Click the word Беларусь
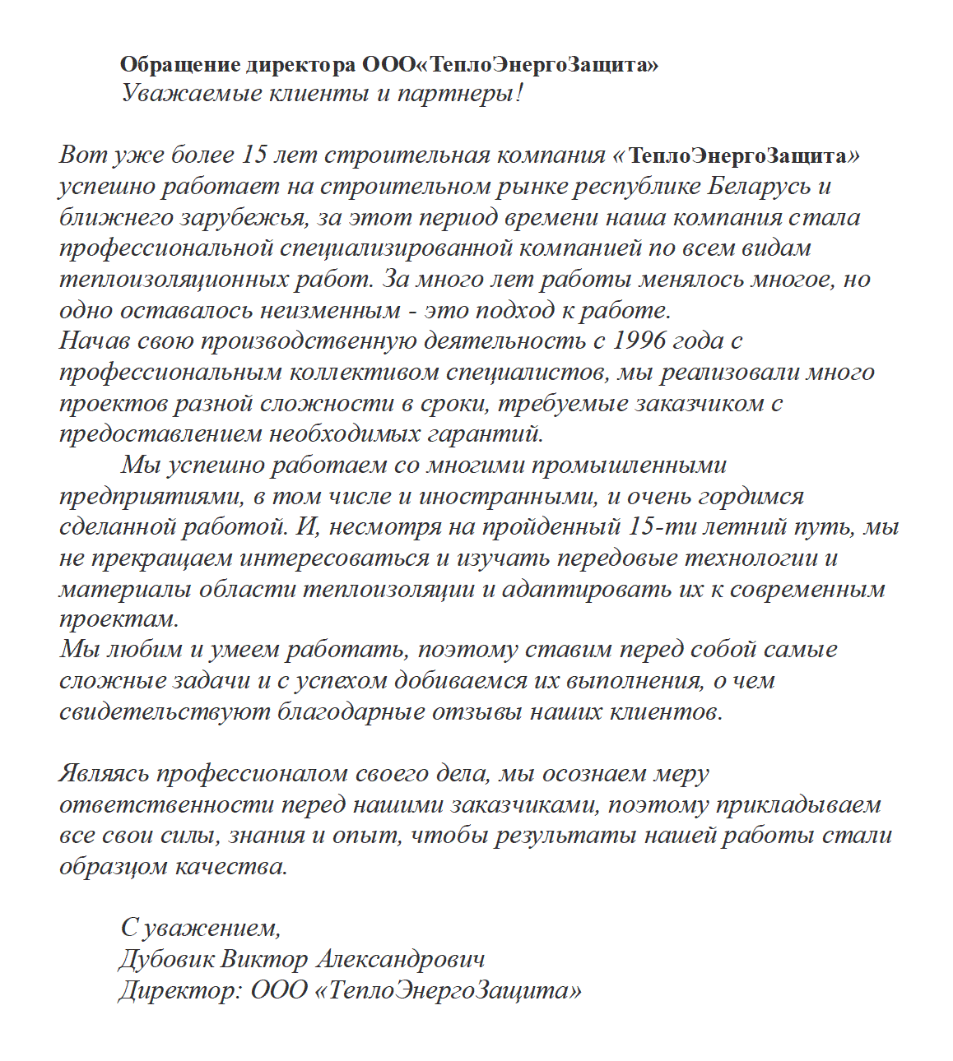[760, 186]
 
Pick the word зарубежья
[232, 218]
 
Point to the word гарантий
[491, 433]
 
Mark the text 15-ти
[657, 526]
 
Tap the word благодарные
[353, 711]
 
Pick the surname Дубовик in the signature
[167, 959]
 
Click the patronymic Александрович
[401, 959]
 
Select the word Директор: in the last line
[179, 989]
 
